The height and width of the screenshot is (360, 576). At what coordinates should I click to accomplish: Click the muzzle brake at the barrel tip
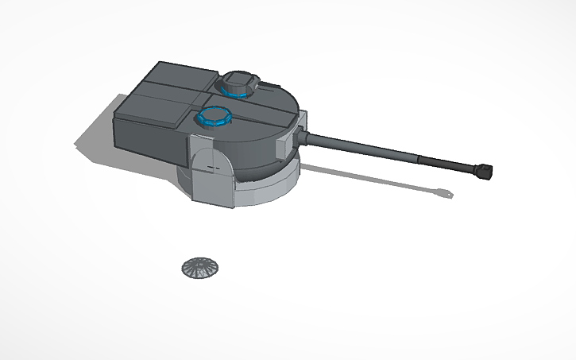pyautogui.click(x=484, y=169)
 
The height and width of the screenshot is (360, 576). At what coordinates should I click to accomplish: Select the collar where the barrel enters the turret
pyautogui.click(x=305, y=137)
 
